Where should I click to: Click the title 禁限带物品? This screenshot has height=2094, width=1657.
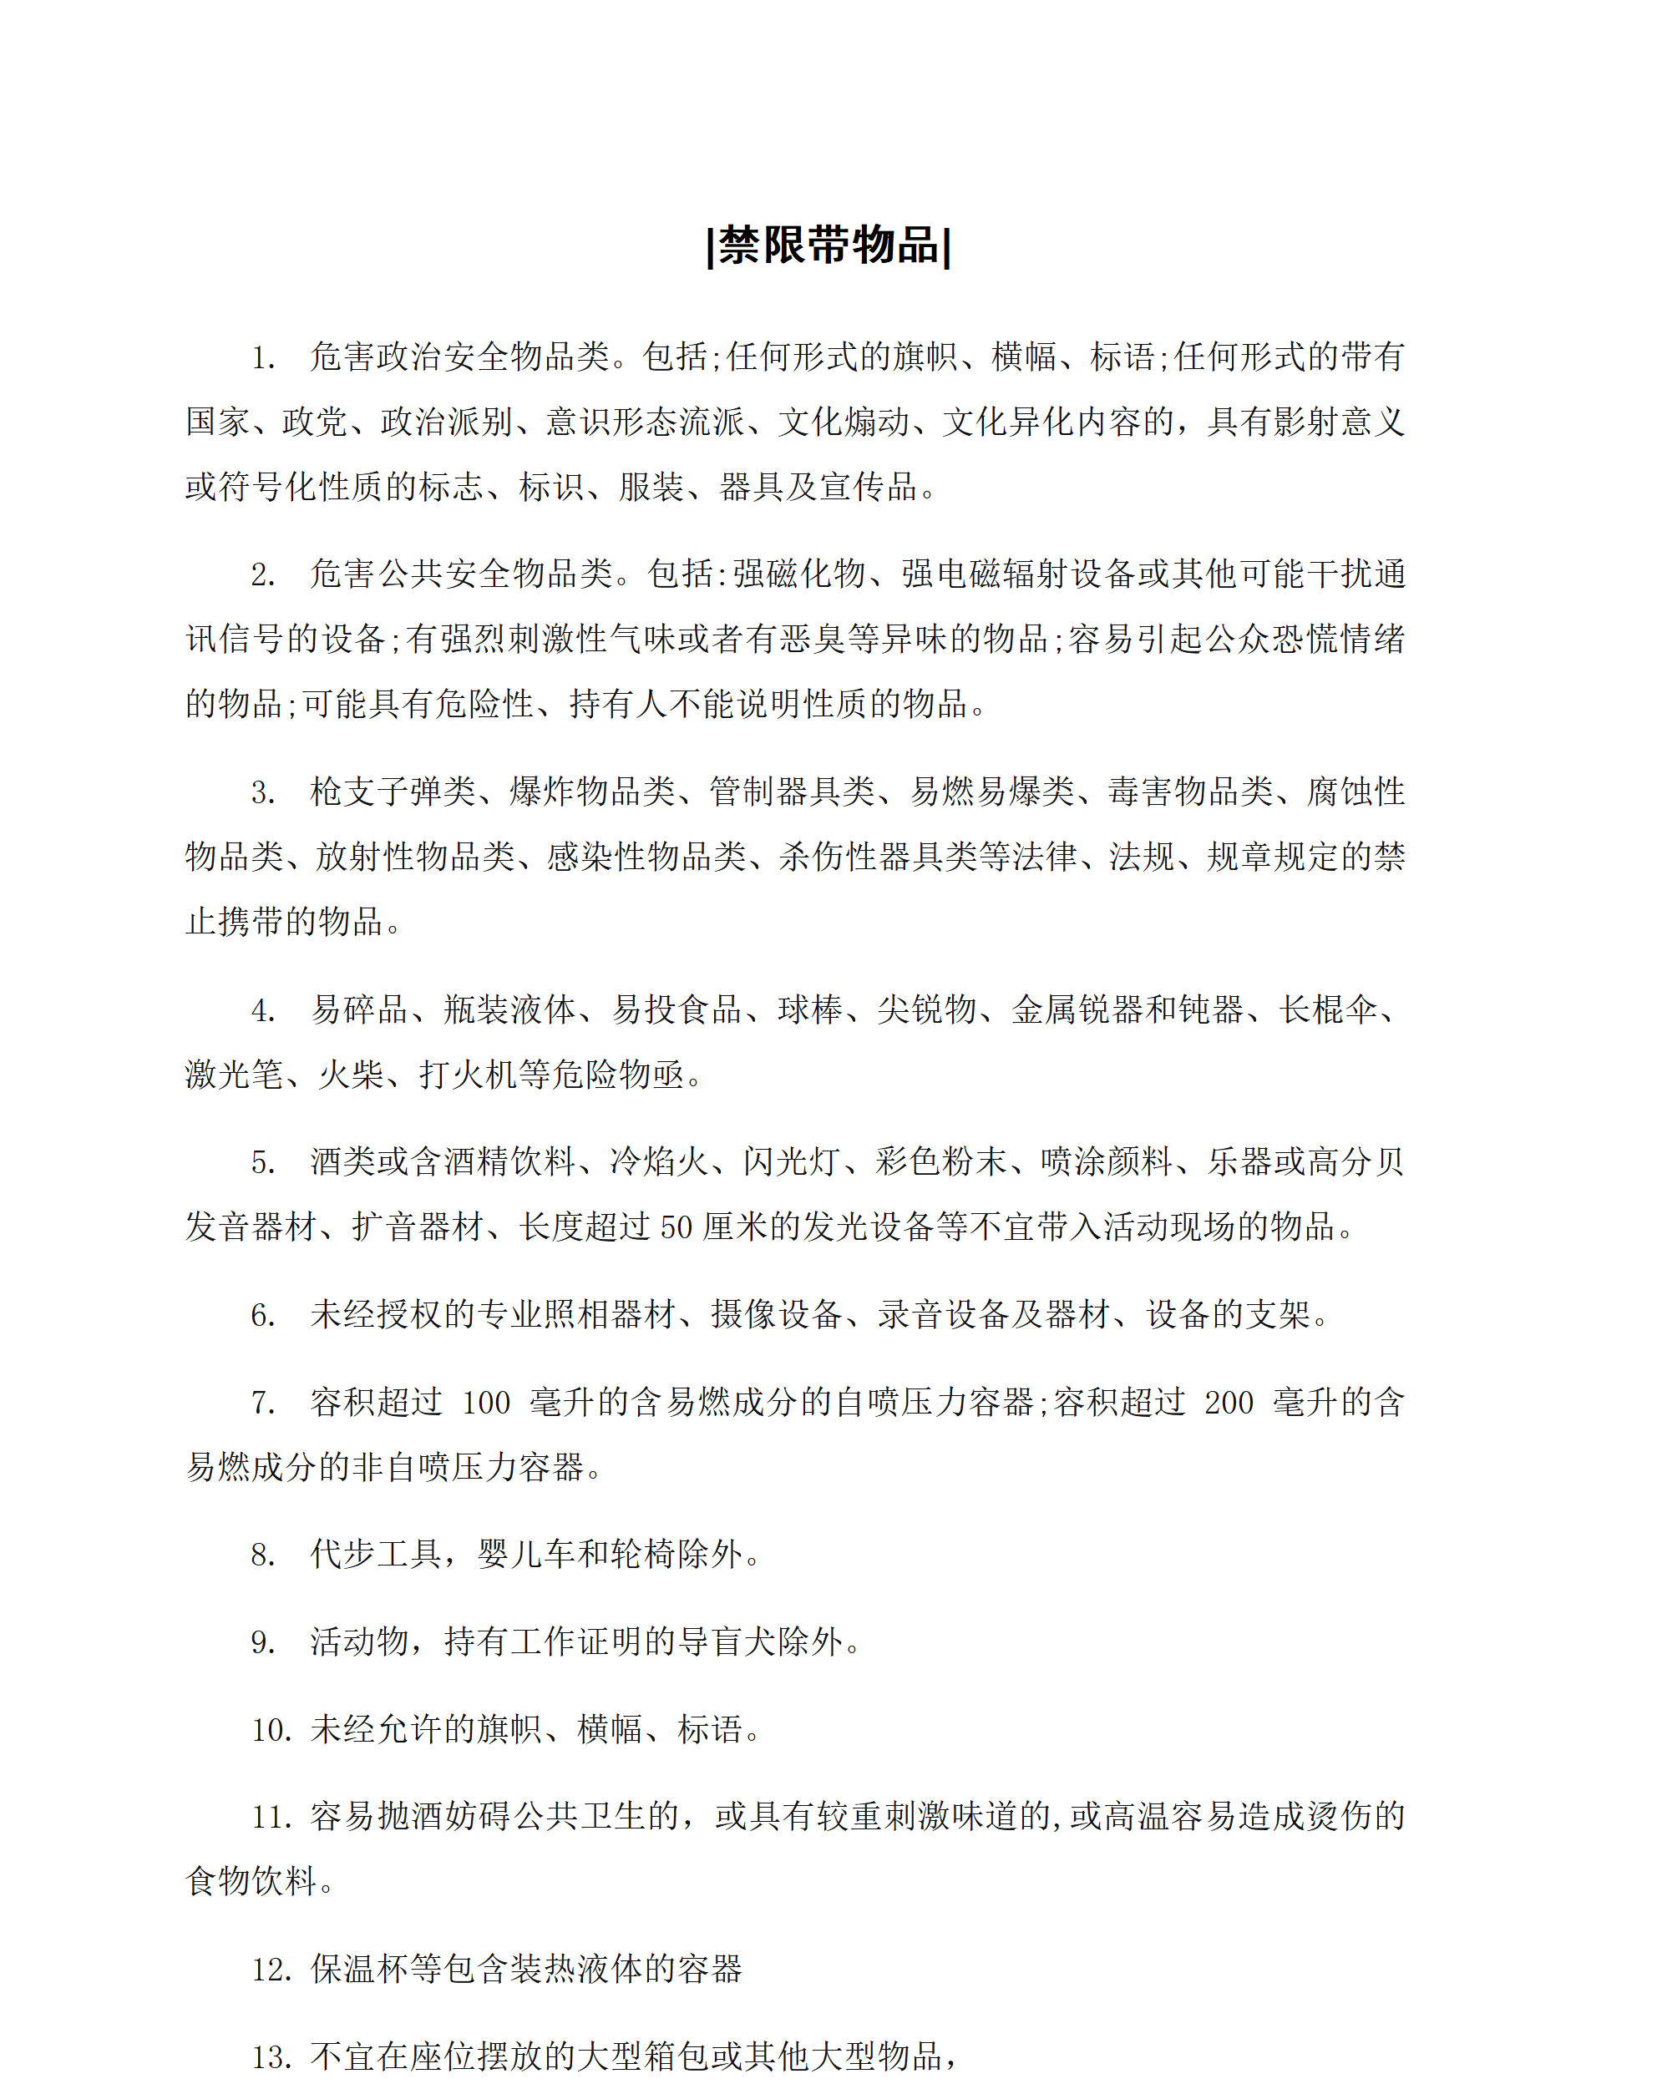[828, 245]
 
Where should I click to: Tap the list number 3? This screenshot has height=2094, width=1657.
[263, 792]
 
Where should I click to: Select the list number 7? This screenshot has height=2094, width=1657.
[263, 1403]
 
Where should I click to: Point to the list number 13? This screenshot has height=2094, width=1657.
[271, 2057]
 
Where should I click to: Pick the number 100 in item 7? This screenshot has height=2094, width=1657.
[486, 1403]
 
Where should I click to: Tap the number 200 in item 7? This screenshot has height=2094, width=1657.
[1229, 1403]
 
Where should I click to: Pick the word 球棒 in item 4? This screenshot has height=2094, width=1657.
[810, 1010]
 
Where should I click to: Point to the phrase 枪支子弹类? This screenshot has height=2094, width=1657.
[393, 792]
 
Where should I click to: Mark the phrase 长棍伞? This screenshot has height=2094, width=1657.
[1328, 1010]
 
